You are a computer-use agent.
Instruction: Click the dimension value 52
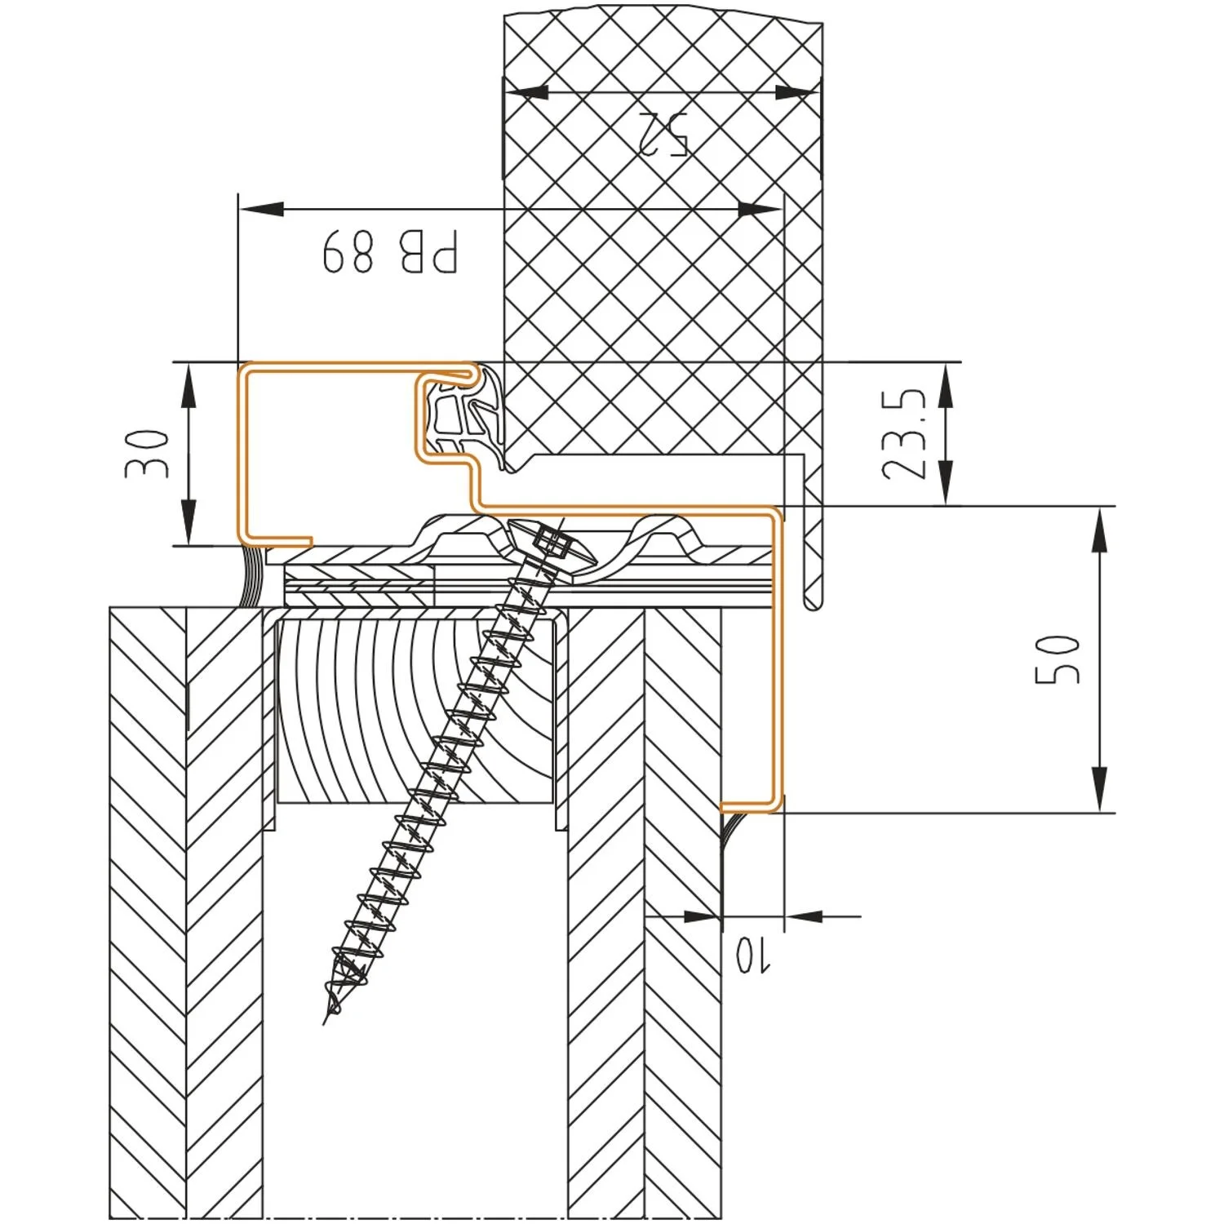(x=663, y=133)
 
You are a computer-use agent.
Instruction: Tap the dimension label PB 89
(x=391, y=251)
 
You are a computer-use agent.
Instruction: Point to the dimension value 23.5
(x=904, y=433)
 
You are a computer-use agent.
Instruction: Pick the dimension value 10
(x=752, y=954)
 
